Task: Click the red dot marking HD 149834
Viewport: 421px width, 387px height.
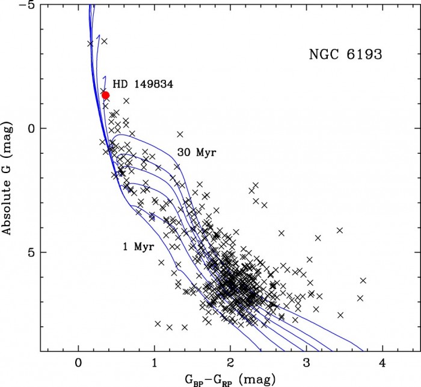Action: pyautogui.click(x=105, y=95)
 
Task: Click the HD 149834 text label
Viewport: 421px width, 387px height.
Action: pyautogui.click(x=143, y=85)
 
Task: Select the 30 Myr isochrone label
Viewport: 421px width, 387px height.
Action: pyautogui.click(x=196, y=153)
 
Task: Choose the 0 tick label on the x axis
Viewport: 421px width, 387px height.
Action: pyautogui.click(x=78, y=363)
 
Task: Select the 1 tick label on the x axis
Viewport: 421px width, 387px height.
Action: pyautogui.click(x=155, y=363)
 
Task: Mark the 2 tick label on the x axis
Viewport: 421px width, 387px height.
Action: pyautogui.click(x=230, y=363)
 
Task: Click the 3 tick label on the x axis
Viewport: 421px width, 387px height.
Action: pyautogui.click(x=306, y=363)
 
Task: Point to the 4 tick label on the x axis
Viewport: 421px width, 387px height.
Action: pyautogui.click(x=382, y=363)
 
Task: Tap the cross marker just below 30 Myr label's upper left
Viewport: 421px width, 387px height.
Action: pyautogui.click(x=180, y=134)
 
